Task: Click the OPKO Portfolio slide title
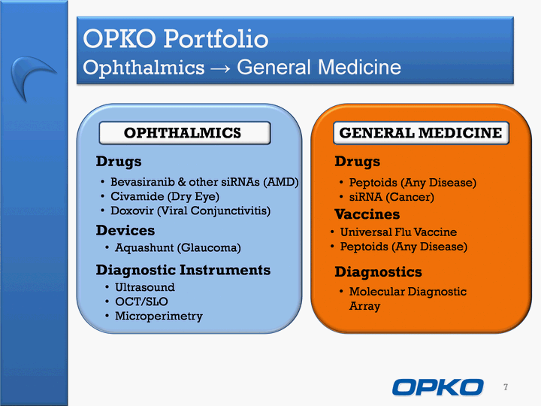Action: tap(175, 38)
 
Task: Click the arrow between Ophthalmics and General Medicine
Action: tap(220, 68)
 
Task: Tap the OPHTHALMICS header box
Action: tap(185, 133)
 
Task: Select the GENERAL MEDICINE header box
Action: tap(421, 133)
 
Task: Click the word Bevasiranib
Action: tap(143, 182)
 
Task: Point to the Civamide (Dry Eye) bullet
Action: tap(165, 196)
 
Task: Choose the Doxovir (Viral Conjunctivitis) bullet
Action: tap(190, 211)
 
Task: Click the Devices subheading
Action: tap(125, 230)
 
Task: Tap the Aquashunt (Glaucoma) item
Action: tap(177, 247)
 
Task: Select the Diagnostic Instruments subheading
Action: tap(183, 270)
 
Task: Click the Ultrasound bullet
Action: tap(144, 287)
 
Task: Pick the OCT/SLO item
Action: tap(141, 301)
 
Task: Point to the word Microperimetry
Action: tap(159, 317)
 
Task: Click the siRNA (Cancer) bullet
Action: tap(391, 197)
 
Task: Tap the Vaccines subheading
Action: tap(367, 214)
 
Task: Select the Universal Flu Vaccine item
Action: tap(398, 232)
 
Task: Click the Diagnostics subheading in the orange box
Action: tap(378, 272)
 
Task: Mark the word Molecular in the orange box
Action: tap(376, 292)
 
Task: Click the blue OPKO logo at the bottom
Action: tap(438, 387)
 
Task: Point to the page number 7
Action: tap(506, 387)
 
